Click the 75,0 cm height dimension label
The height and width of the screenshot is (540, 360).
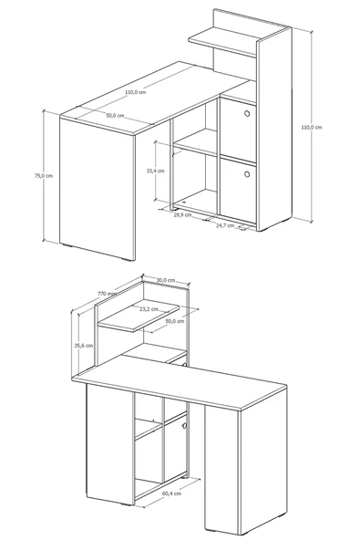coord(44,176)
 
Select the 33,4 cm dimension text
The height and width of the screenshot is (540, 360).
coord(155,171)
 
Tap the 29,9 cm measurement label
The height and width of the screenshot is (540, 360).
coord(182,215)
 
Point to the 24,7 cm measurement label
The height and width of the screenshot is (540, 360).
coord(225,225)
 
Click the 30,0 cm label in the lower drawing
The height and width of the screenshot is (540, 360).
coord(166,280)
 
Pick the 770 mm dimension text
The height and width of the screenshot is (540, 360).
coord(107,294)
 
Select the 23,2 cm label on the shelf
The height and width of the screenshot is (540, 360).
coord(149,309)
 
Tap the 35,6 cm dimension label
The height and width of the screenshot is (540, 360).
coord(84,346)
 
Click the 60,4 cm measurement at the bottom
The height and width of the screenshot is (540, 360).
coord(171,493)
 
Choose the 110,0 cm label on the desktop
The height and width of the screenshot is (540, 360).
coord(135,92)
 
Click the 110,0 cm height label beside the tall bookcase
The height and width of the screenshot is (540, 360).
coord(312,128)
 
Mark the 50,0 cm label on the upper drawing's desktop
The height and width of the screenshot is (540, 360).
coord(115,116)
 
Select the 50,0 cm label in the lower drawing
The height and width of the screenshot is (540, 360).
coord(175,321)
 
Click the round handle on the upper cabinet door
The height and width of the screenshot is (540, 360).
coord(247,113)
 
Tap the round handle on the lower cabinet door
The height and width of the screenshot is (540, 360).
coord(247,174)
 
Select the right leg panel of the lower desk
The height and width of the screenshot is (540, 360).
coord(246,462)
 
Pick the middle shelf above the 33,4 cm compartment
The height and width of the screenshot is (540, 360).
coord(195,142)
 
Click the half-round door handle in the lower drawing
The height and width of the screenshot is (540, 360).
coord(185,426)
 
